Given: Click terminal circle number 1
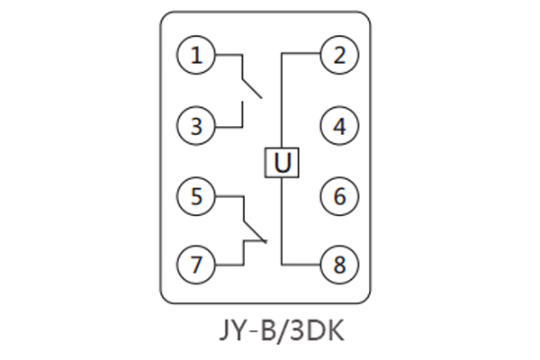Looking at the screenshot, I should [x=196, y=57].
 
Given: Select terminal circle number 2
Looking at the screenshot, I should [x=338, y=56].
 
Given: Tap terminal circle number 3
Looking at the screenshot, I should [x=196, y=126].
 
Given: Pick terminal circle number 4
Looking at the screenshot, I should [x=338, y=126].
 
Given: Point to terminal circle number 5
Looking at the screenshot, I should [x=196, y=195].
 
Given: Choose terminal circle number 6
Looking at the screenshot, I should [x=338, y=195].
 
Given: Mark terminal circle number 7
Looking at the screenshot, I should [x=196, y=265].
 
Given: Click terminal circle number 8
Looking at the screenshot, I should [x=338, y=265].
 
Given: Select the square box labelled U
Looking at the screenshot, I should [x=282, y=162].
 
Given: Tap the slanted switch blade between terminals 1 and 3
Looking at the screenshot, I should [x=251, y=86].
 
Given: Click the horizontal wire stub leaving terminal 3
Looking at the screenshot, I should [x=228, y=126].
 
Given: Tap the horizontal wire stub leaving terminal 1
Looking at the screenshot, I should [x=228, y=57].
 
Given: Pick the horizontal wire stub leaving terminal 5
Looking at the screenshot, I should [x=228, y=195].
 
